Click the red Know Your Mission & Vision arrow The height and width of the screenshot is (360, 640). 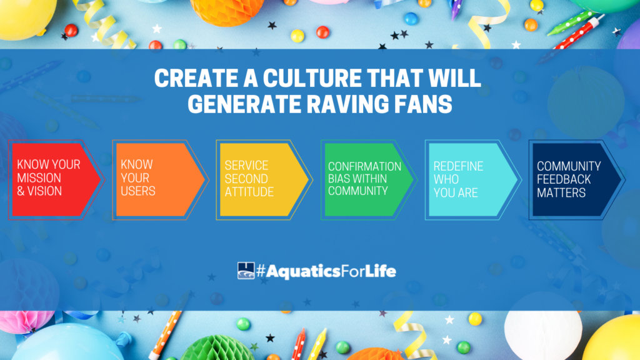click(x=55, y=179)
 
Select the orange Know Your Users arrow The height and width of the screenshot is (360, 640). click(x=159, y=179)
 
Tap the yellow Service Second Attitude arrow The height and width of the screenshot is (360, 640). click(x=264, y=179)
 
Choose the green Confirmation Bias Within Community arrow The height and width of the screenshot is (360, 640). click(x=368, y=179)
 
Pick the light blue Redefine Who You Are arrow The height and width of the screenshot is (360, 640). click(x=472, y=179)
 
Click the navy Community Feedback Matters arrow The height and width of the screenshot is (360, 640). click(x=577, y=179)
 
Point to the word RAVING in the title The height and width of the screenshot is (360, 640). click(x=347, y=104)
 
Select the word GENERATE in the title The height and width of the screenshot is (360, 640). click(x=244, y=104)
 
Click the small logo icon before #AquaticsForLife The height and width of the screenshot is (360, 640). click(x=246, y=271)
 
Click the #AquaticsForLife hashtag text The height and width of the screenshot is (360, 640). click(x=326, y=271)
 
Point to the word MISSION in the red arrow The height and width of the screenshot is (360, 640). click(x=39, y=178)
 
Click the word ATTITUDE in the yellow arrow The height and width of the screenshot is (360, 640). click(x=249, y=192)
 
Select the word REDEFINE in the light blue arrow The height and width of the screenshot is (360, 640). click(x=458, y=166)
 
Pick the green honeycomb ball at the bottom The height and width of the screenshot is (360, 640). click(x=218, y=349)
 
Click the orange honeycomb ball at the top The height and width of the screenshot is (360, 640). click(x=226, y=10)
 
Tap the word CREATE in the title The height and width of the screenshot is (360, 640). click(x=197, y=77)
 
